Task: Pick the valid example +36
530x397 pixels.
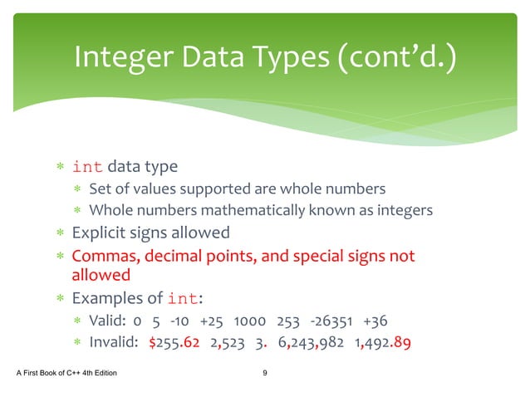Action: click(x=375, y=321)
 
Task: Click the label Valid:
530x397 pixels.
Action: click(x=107, y=321)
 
